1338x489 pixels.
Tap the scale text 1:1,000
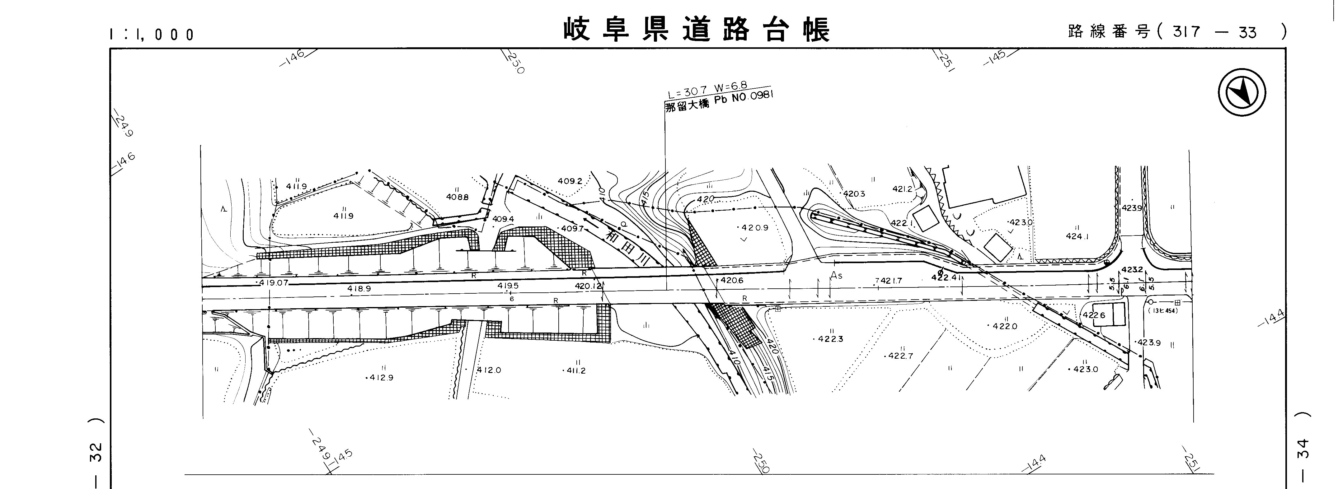(152, 34)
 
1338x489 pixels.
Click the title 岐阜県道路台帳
(697, 30)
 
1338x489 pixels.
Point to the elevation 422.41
(947, 277)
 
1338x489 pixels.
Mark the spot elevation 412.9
(381, 377)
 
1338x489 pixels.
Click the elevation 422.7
(900, 356)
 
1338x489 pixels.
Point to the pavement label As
(836, 276)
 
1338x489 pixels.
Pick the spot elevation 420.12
(589, 286)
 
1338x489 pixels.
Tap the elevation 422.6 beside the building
(1094, 315)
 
